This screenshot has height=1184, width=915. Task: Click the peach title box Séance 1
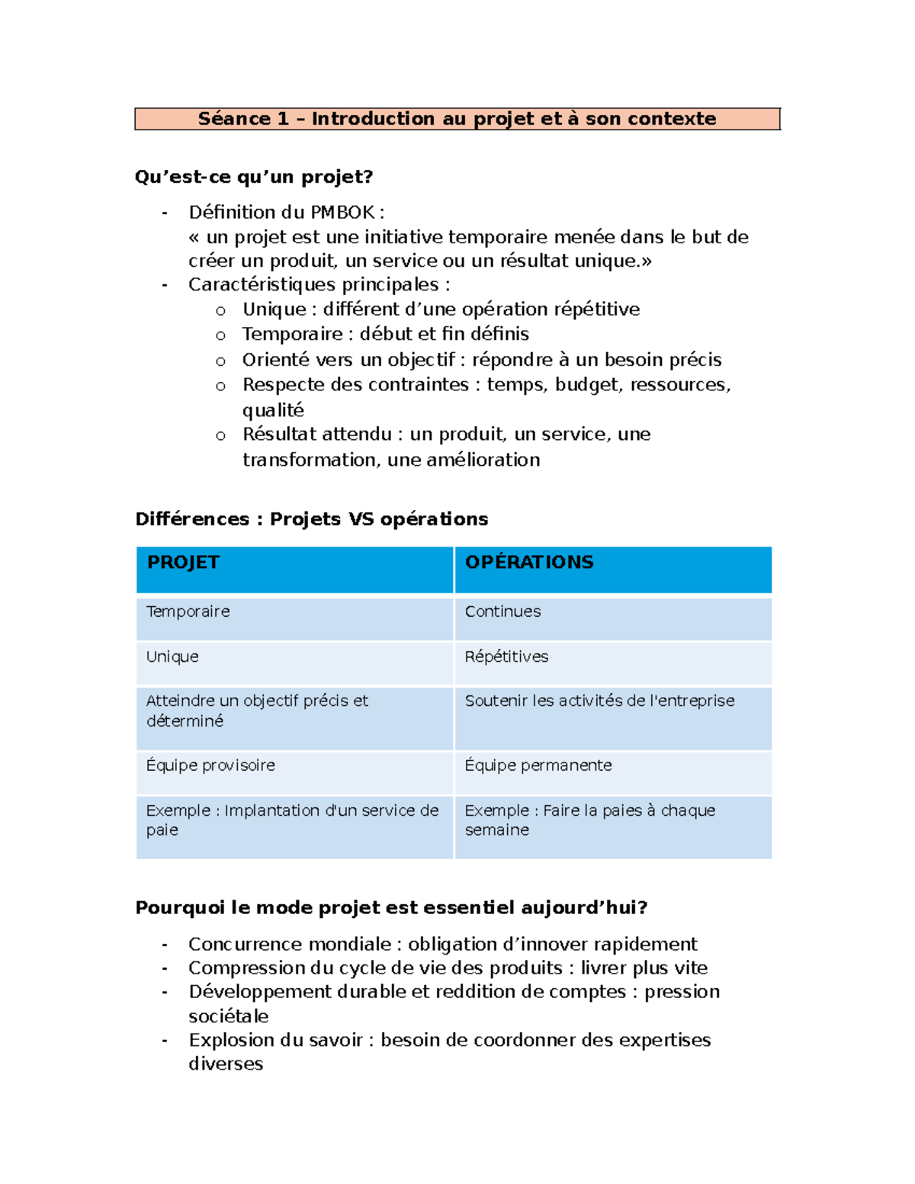pyautogui.click(x=457, y=119)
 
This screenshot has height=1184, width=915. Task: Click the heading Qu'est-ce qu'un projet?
pyautogui.click(x=254, y=177)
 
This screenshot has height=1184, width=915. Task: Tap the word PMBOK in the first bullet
pyautogui.click(x=342, y=213)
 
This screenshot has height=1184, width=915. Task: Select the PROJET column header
pyautogui.click(x=183, y=563)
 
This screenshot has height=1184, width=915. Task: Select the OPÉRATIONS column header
pyautogui.click(x=529, y=563)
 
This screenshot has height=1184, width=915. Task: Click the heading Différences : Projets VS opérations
pyautogui.click(x=311, y=519)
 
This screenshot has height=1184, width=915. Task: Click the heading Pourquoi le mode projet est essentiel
pyautogui.click(x=391, y=907)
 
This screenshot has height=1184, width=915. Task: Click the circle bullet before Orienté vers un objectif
pyautogui.click(x=220, y=361)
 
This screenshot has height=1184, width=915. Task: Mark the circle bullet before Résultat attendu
pyautogui.click(x=220, y=435)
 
